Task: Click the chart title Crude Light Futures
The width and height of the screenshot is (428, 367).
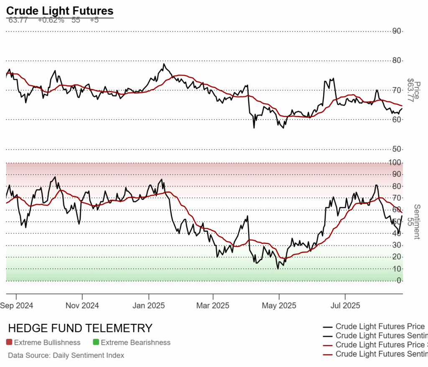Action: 60,11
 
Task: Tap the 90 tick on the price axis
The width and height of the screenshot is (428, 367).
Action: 397,31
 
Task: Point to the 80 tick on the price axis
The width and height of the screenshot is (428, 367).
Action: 397,61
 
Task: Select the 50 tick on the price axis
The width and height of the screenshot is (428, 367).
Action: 397,149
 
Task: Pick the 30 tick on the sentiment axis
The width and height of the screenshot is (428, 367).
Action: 398,245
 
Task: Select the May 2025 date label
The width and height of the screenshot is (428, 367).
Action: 279,306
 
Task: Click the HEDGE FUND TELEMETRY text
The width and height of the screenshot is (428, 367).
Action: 80,328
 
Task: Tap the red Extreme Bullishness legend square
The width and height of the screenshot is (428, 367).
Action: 9,343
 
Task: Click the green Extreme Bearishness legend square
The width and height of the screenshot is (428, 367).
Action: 96,343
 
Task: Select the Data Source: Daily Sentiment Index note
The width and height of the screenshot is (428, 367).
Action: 66,356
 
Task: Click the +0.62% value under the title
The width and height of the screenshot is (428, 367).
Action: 51,20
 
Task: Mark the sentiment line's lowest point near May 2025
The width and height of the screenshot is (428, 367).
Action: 278,269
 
